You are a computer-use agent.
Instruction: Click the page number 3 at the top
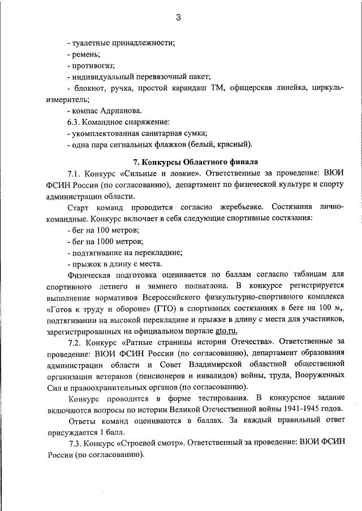tap(178, 18)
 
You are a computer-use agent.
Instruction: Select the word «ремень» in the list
tap(85, 54)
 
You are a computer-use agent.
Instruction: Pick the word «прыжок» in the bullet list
tap(87, 263)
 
